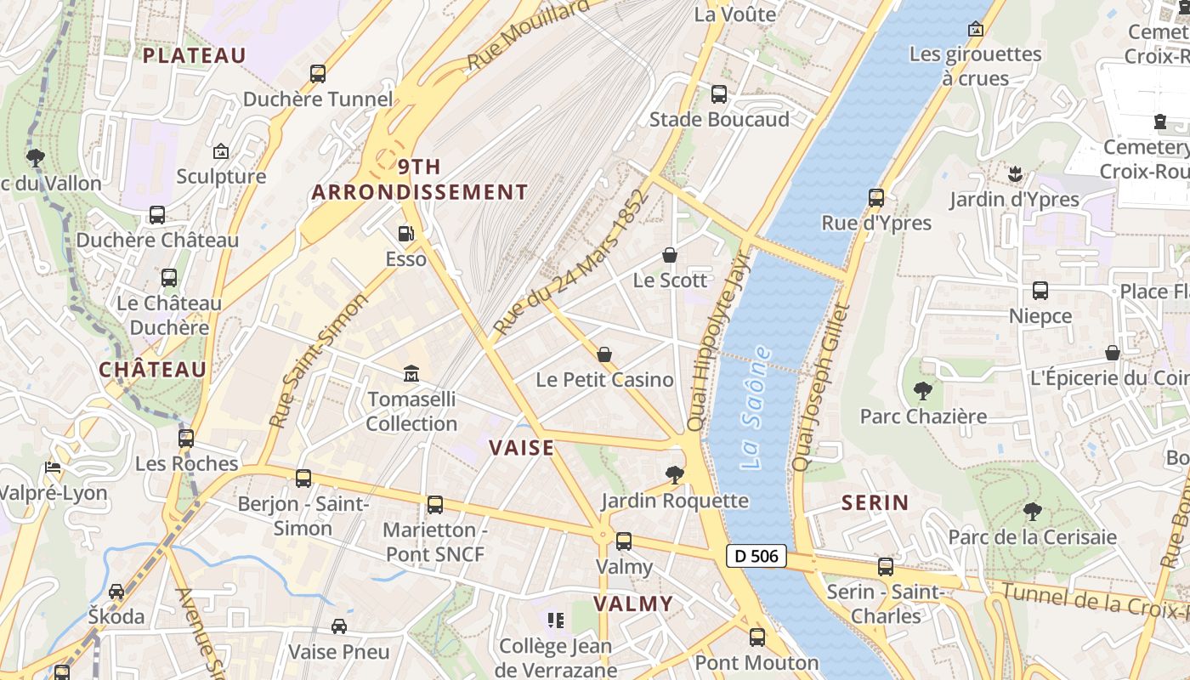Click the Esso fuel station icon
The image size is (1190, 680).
pos(406,233)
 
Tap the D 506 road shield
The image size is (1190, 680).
pos(756,557)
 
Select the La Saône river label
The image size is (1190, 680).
pos(756,407)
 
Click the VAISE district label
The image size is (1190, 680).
pos(521,448)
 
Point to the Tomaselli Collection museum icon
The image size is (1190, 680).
pos(411,373)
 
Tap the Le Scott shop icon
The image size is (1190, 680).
pos(670,255)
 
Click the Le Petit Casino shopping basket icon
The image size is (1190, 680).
pos(604,354)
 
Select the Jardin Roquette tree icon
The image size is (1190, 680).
pos(675,474)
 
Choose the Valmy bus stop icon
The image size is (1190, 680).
pos(624,541)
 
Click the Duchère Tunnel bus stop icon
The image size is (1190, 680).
pos(318,74)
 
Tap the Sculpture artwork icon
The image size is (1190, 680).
pos(221,151)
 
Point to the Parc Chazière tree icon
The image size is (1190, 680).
pos(922,391)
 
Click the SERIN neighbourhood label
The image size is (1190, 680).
pos(875,502)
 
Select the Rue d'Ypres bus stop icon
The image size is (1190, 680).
pos(876,198)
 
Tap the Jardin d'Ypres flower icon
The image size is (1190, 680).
pos(1014,174)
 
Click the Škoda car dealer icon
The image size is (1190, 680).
pos(116,591)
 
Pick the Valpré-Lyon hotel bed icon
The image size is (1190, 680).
pos(53,467)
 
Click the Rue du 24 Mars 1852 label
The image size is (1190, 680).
pos(570,262)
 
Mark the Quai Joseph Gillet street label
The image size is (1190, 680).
pos(820,387)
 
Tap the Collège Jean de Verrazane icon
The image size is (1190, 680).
pos(556,620)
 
